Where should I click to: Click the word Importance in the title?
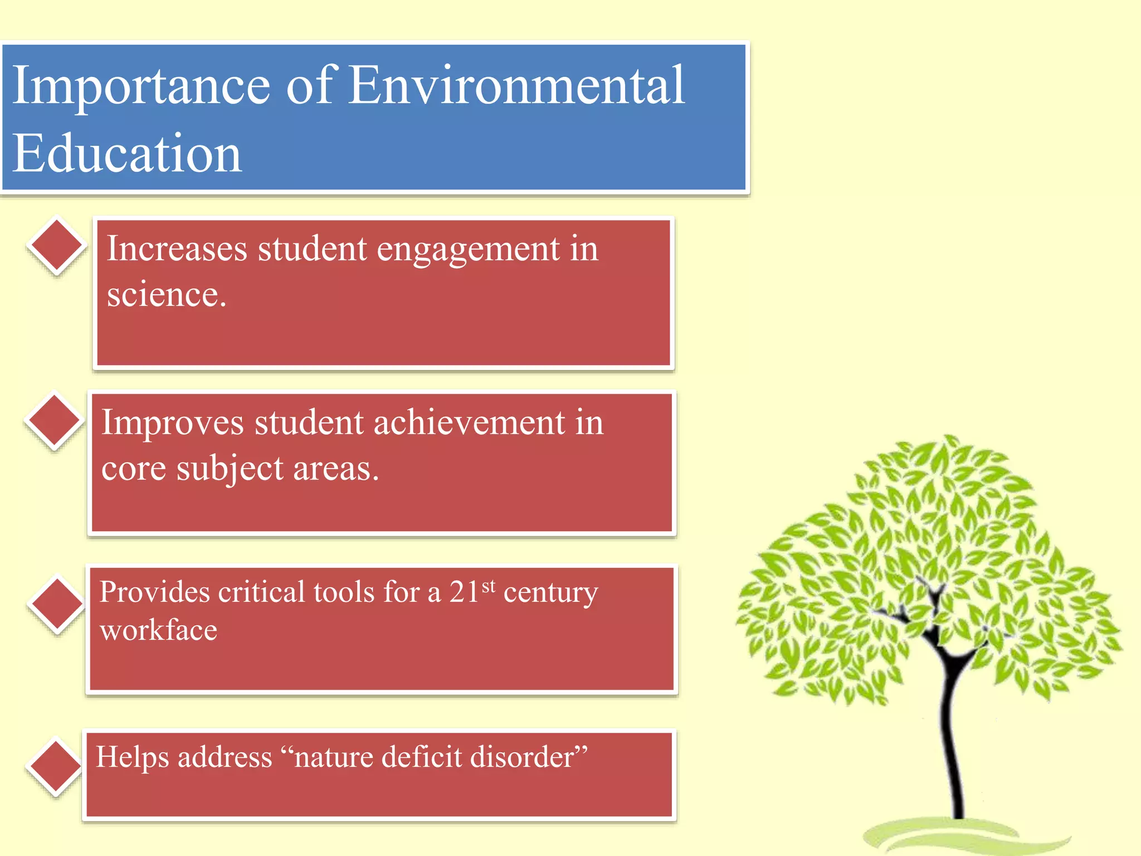[141, 86]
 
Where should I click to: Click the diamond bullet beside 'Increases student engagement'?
[56, 246]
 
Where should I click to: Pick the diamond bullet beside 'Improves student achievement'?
[54, 421]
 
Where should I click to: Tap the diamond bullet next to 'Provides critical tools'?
[57, 604]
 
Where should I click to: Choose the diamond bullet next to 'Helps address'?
[55, 766]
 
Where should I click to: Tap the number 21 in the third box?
[464, 592]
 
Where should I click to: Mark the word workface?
[158, 630]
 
